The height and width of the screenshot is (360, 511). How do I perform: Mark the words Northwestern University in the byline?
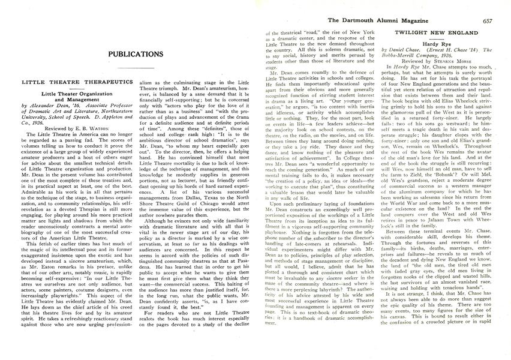pyautogui.click(x=66, y=113)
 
